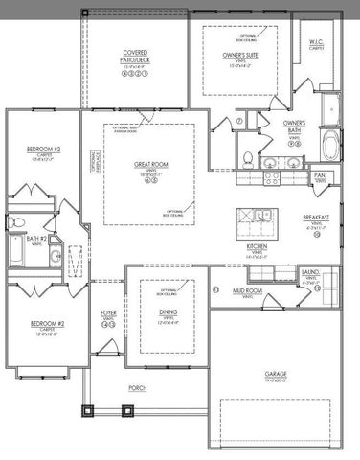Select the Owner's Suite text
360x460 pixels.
240,56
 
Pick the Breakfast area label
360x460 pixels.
316,218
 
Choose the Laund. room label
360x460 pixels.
310,272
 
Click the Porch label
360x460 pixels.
138,388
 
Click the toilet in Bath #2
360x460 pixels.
17,224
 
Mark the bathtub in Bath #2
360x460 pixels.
19,253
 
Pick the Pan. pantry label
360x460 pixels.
320,176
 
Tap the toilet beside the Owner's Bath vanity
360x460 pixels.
247,158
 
